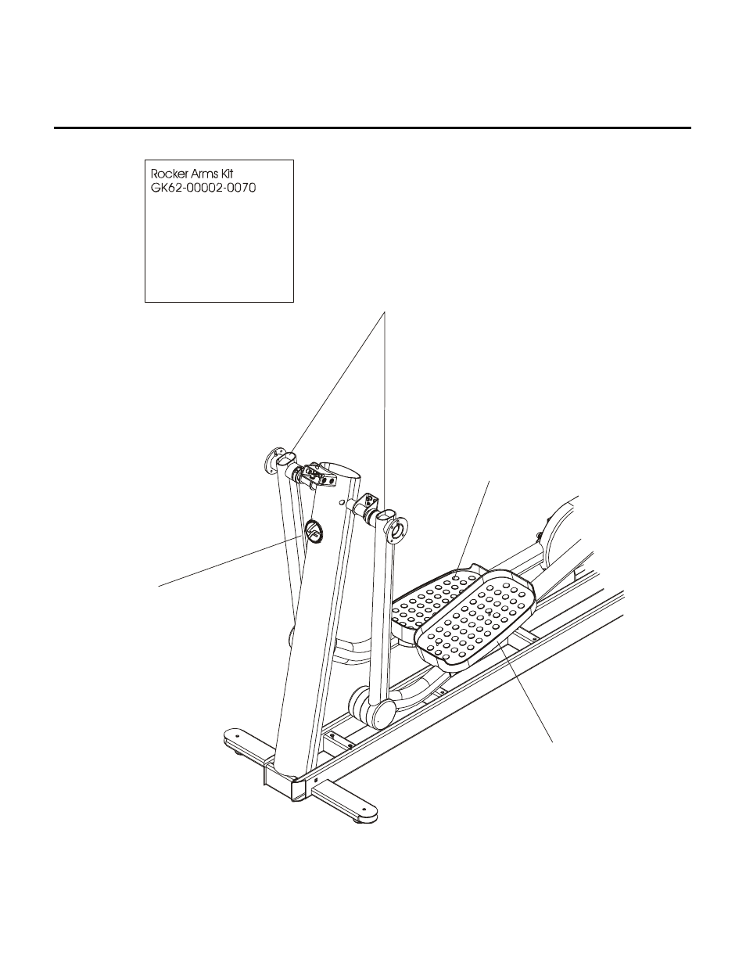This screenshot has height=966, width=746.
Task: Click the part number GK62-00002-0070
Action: pyautogui.click(x=203, y=189)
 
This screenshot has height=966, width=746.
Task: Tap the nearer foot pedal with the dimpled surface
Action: pyautogui.click(x=476, y=618)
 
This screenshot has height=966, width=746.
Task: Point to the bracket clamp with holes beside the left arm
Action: pyautogui.click(x=314, y=476)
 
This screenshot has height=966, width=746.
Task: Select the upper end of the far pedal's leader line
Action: pyautogui.click(x=490, y=479)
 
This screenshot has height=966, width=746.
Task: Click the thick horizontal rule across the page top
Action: pyautogui.click(x=372, y=127)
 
